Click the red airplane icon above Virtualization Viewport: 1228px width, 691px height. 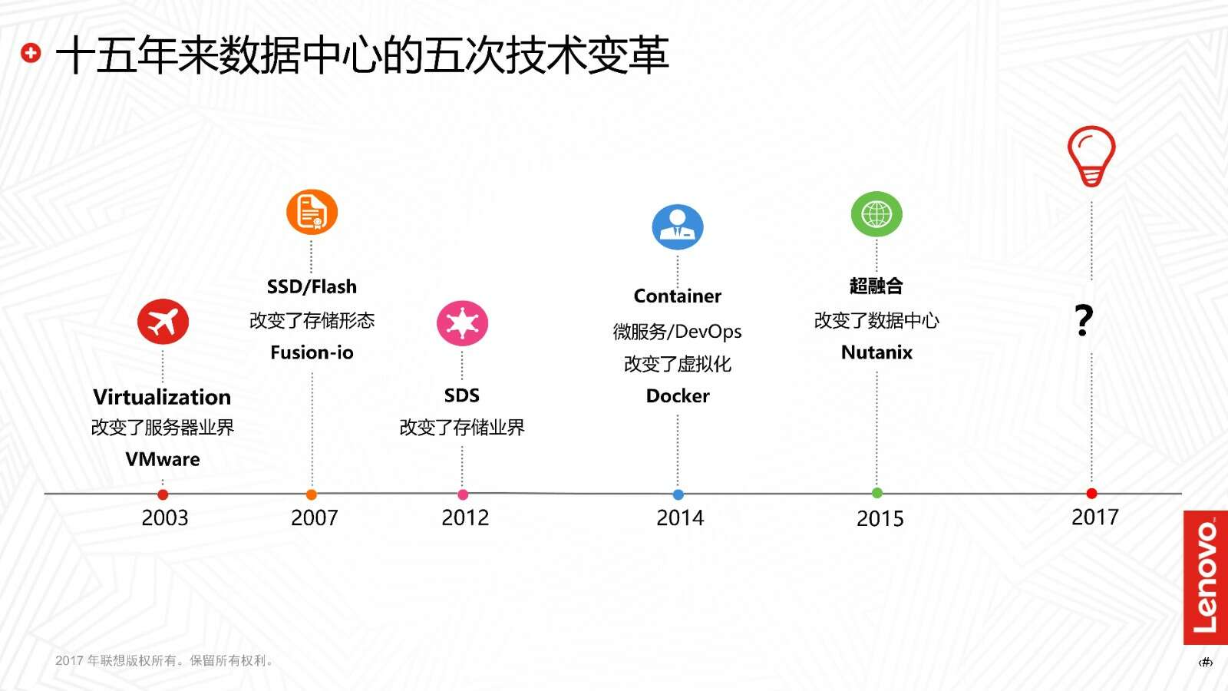[163, 322]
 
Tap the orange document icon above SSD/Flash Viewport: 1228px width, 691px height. [312, 212]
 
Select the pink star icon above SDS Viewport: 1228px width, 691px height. [462, 323]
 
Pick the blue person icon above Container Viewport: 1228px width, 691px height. [678, 227]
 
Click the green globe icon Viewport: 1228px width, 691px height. [876, 214]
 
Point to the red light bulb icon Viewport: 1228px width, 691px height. [1091, 157]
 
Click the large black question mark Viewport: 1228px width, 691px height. [1084, 320]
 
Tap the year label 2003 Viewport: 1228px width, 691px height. [164, 517]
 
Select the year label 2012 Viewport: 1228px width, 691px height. [465, 517]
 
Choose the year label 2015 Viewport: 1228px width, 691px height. [880, 519]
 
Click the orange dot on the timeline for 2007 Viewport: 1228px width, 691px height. [312, 494]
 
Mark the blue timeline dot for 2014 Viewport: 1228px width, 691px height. [678, 494]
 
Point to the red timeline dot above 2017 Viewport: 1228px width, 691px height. [1091, 494]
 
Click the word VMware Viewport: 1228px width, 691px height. [163, 459]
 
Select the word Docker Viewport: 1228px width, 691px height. [678, 395]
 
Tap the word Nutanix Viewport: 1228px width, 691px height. [876, 352]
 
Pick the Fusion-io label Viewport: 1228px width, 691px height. [312, 352]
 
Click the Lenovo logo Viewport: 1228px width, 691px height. [1206, 577]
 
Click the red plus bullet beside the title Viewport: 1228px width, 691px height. [31, 53]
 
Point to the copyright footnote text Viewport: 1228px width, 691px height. [164, 660]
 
